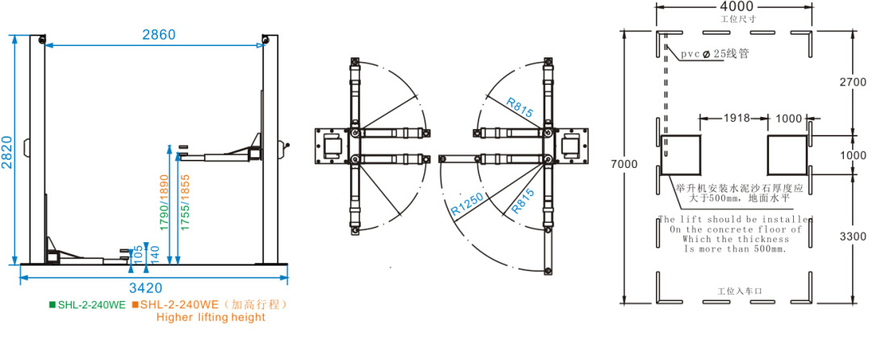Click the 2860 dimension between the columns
[159, 35]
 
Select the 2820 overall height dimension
[6, 150]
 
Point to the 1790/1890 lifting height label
[163, 205]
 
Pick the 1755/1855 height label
[185, 205]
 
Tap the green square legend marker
[52, 305]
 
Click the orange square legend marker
[136, 305]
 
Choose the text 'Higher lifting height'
[211, 317]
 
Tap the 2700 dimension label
[853, 82]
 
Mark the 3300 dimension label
[853, 238]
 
